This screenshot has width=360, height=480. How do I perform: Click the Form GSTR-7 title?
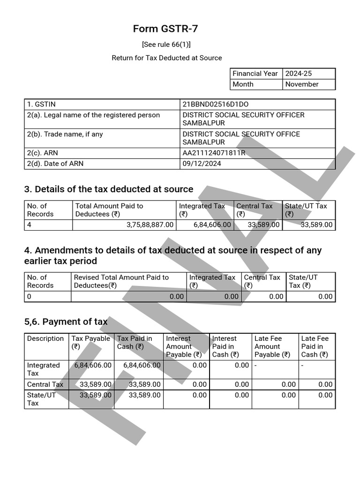point(165,29)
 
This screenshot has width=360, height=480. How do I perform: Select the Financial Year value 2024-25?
point(298,74)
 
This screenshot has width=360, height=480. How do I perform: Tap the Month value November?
point(301,84)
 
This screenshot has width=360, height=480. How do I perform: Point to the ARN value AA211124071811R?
point(214,153)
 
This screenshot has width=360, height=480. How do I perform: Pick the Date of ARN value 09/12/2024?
point(202,164)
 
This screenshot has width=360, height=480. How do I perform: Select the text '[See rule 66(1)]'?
point(166,45)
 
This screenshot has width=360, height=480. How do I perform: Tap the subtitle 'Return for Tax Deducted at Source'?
point(167,58)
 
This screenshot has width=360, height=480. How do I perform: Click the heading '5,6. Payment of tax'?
point(66,322)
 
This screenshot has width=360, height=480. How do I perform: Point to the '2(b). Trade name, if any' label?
point(65,134)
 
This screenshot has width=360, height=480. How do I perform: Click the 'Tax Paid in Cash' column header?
point(135,342)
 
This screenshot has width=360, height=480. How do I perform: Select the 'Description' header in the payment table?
point(45,338)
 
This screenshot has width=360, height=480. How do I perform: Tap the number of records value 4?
point(29,225)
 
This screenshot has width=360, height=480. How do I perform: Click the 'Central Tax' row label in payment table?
point(45,384)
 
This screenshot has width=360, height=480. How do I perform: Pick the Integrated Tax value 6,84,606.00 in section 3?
point(212,225)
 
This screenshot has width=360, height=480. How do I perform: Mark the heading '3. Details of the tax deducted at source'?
point(108,189)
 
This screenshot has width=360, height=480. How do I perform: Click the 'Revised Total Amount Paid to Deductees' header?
point(121,281)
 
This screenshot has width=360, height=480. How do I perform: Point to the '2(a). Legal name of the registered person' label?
point(93,115)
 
